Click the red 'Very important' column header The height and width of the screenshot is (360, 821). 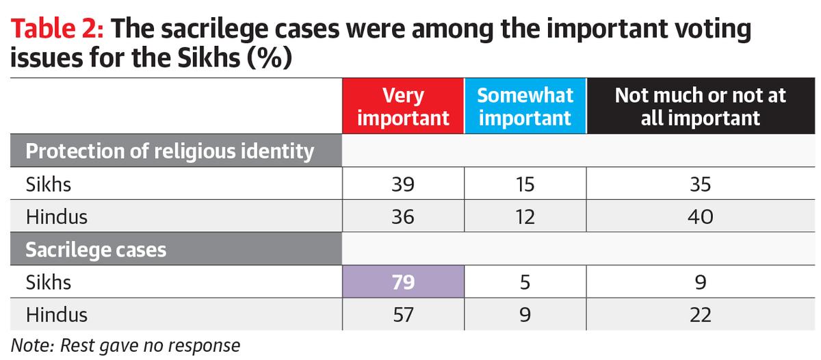click(403, 106)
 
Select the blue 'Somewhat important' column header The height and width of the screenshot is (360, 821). click(525, 106)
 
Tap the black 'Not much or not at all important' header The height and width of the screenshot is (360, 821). click(700, 106)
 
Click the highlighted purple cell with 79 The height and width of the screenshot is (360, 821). click(403, 282)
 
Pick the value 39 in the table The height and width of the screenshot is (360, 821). click(403, 185)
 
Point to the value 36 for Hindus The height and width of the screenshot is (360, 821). click(403, 217)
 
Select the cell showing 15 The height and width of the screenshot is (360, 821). click(525, 185)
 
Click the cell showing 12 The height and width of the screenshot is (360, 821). click(525, 217)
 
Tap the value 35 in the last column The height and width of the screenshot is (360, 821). click(700, 185)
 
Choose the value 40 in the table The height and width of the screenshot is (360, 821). click(700, 217)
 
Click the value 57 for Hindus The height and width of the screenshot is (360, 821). click(403, 314)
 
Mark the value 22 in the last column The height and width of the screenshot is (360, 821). click(700, 314)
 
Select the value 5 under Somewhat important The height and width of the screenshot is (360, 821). click(525, 282)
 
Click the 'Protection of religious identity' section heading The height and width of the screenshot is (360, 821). click(170, 151)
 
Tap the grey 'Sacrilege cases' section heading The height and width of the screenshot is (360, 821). click(96, 250)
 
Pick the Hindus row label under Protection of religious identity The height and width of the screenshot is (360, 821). click(57, 217)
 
